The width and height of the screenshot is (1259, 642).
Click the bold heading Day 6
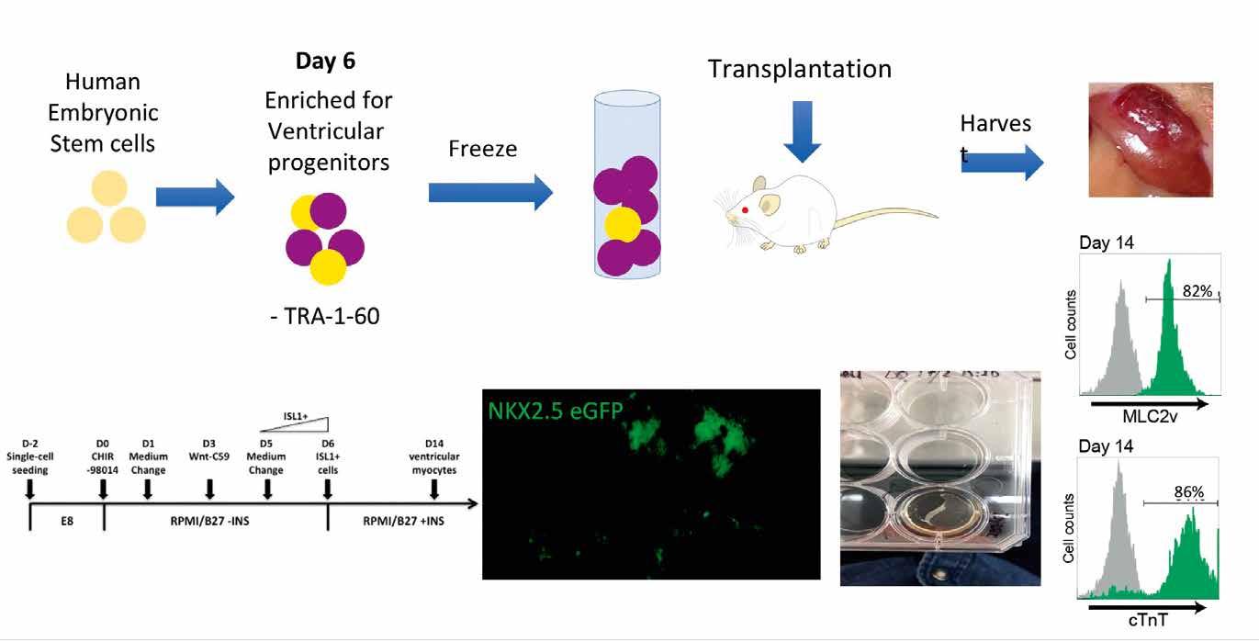pyautogui.click(x=324, y=62)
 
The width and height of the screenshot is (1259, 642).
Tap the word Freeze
pyautogui.click(x=482, y=148)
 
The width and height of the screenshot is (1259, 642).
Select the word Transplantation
pyautogui.click(x=799, y=68)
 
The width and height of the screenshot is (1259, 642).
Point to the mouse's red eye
pyautogui.click(x=745, y=210)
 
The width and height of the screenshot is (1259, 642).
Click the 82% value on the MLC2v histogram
pyautogui.click(x=1195, y=291)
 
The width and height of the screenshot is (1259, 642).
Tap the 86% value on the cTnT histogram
pyautogui.click(x=1188, y=492)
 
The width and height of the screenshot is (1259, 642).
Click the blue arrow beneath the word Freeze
pyautogui.click(x=490, y=193)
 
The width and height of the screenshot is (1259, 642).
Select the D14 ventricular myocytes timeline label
pyautogui.click(x=434, y=457)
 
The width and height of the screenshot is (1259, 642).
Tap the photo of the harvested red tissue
pyautogui.click(x=1151, y=140)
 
